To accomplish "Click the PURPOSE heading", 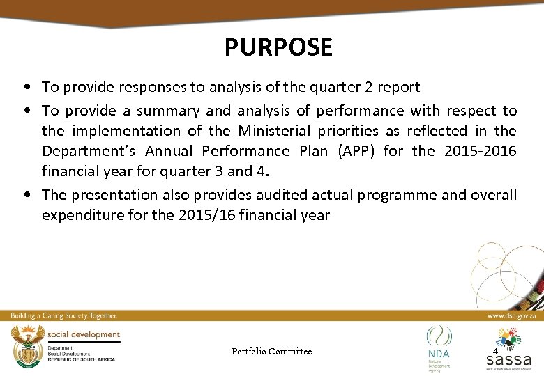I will [278, 47].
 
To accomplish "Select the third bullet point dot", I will [25, 195].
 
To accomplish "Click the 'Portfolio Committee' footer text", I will [271, 352].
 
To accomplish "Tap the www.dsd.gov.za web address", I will [511, 315].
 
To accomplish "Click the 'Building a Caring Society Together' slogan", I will [63, 315].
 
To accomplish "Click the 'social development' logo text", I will [84, 334].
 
